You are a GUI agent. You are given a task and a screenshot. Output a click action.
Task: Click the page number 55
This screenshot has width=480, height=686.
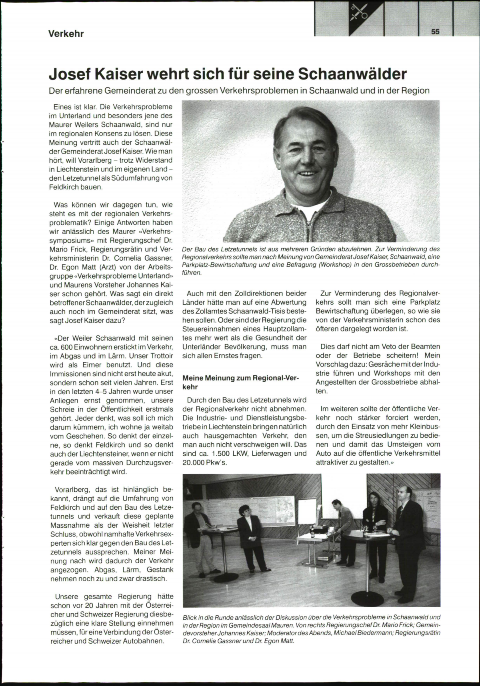(x=436, y=32)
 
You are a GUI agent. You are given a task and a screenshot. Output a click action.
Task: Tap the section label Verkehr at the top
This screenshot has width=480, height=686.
(x=66, y=34)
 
